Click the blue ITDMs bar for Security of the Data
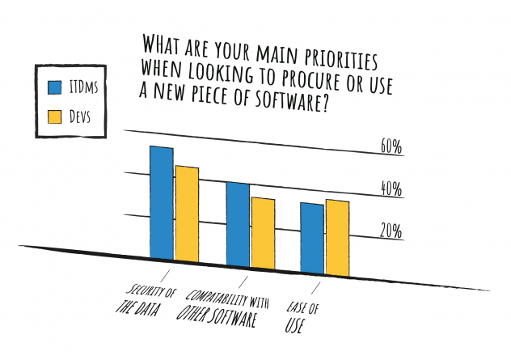point(162,202)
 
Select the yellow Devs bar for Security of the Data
point(187,213)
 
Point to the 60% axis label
point(391,147)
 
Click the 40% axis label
point(391,189)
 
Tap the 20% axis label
point(391,231)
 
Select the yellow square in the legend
point(56,119)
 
